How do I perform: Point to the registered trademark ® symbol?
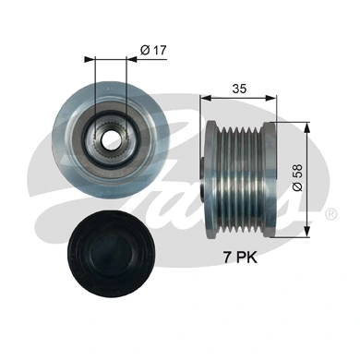[x=330, y=214]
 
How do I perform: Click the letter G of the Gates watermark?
[x=65, y=185]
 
